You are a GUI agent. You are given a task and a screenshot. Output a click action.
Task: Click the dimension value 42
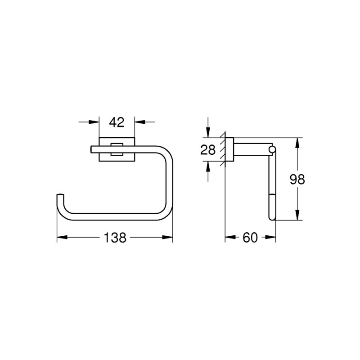[x=117, y=121]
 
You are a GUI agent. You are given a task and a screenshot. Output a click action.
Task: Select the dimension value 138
[x=115, y=237]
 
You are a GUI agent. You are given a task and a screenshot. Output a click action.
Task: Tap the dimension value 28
[x=208, y=150]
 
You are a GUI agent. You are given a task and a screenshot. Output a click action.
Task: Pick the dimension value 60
[x=250, y=237]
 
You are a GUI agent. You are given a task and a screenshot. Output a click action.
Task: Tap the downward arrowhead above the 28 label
[x=208, y=133]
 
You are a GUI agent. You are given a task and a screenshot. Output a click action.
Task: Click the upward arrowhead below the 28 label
[x=208, y=166]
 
